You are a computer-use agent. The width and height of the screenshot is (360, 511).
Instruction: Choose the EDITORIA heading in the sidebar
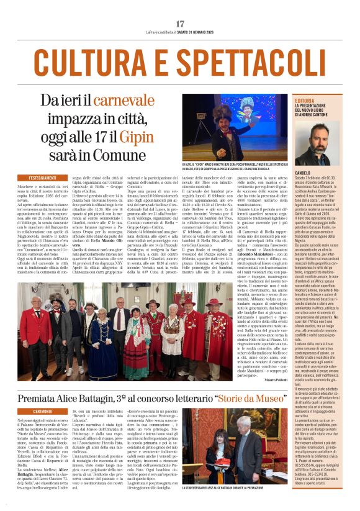(x=305, y=100)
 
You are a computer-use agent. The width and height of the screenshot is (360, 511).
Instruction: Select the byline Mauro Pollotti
(x=272, y=380)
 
